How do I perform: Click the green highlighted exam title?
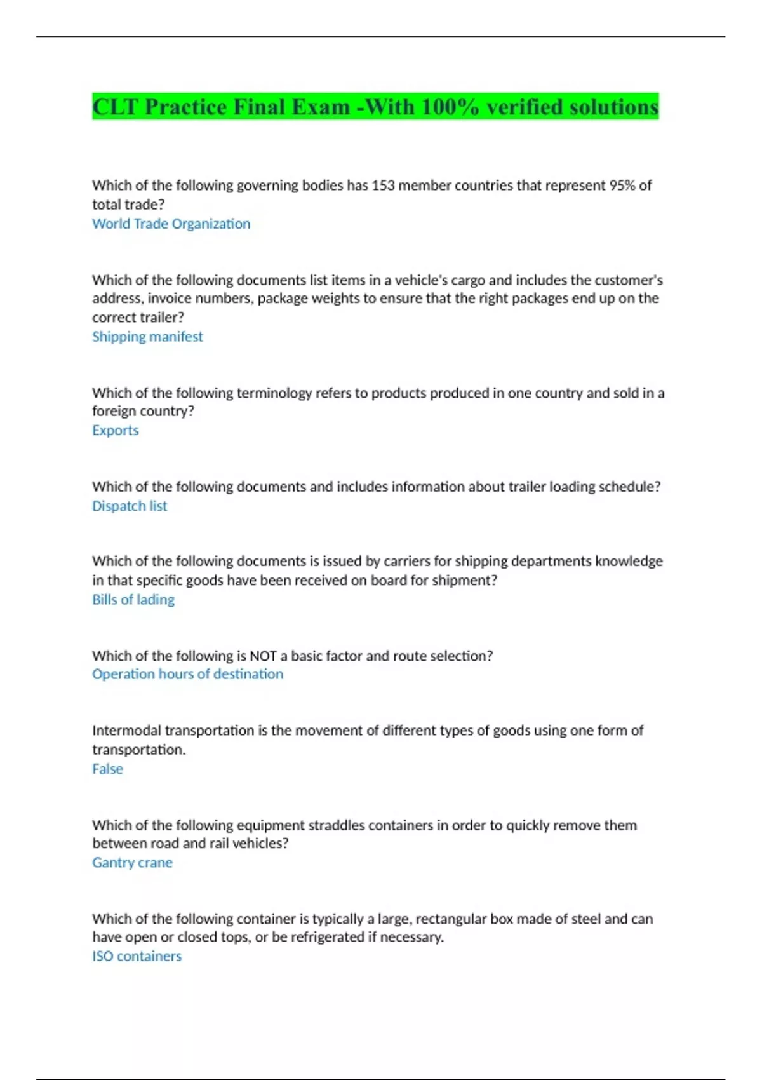coord(375,107)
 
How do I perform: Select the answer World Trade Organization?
coord(171,224)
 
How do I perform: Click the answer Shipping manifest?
coord(147,337)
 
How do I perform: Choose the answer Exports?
coord(115,430)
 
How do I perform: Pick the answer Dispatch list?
coord(130,506)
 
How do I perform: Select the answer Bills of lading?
coord(133,599)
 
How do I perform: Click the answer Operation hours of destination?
coord(187,674)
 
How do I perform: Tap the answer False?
coord(107,769)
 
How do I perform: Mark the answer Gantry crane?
coord(132,862)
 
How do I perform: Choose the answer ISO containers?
coord(137,956)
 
